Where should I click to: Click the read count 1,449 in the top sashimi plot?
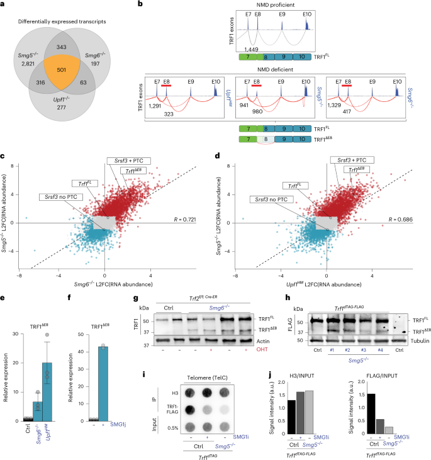click(x=242, y=48)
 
